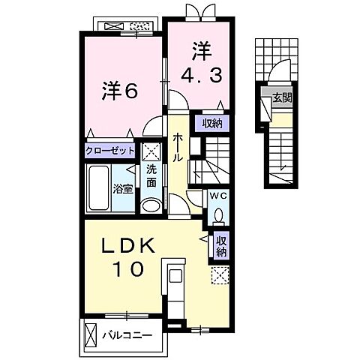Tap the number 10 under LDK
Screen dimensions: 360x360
point(129,268)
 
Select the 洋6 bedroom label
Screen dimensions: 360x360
point(119,91)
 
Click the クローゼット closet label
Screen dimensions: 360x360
point(110,151)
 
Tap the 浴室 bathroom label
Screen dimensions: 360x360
point(122,189)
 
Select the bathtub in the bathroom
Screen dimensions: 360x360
point(99,187)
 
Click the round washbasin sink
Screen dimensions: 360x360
point(151,205)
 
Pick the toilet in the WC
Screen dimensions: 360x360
point(218,215)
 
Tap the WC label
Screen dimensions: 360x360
point(218,196)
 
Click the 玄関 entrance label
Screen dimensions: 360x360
point(282,97)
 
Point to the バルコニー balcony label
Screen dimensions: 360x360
point(127,334)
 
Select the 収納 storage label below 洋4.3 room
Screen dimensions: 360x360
point(212,124)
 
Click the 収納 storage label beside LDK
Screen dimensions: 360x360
point(221,247)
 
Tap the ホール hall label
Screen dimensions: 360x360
point(178,148)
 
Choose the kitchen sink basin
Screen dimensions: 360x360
point(175,276)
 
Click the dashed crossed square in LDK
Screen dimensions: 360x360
point(220,275)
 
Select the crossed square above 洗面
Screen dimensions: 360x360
point(151,152)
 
